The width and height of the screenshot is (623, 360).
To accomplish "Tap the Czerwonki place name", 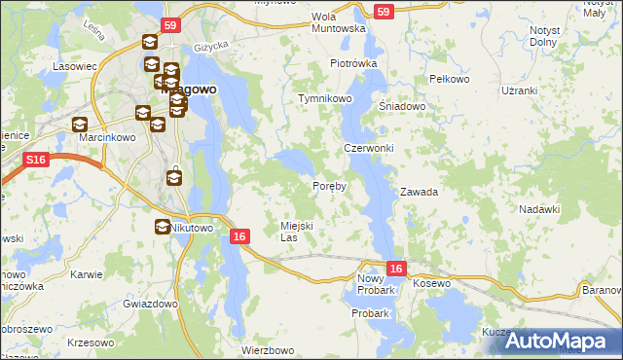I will click(x=368, y=148).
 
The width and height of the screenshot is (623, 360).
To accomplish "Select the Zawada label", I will click(x=419, y=192).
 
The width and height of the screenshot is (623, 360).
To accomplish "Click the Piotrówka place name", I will click(x=352, y=63).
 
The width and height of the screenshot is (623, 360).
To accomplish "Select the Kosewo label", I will click(x=433, y=283).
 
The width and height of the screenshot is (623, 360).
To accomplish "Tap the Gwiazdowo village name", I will click(x=150, y=304).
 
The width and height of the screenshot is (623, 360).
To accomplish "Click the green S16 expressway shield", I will click(x=36, y=159).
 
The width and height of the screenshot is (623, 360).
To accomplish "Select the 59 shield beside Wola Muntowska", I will click(x=384, y=12).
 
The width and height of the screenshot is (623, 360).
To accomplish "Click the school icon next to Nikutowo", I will click(x=162, y=227).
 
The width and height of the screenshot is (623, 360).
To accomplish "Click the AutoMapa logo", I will click(x=563, y=341).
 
